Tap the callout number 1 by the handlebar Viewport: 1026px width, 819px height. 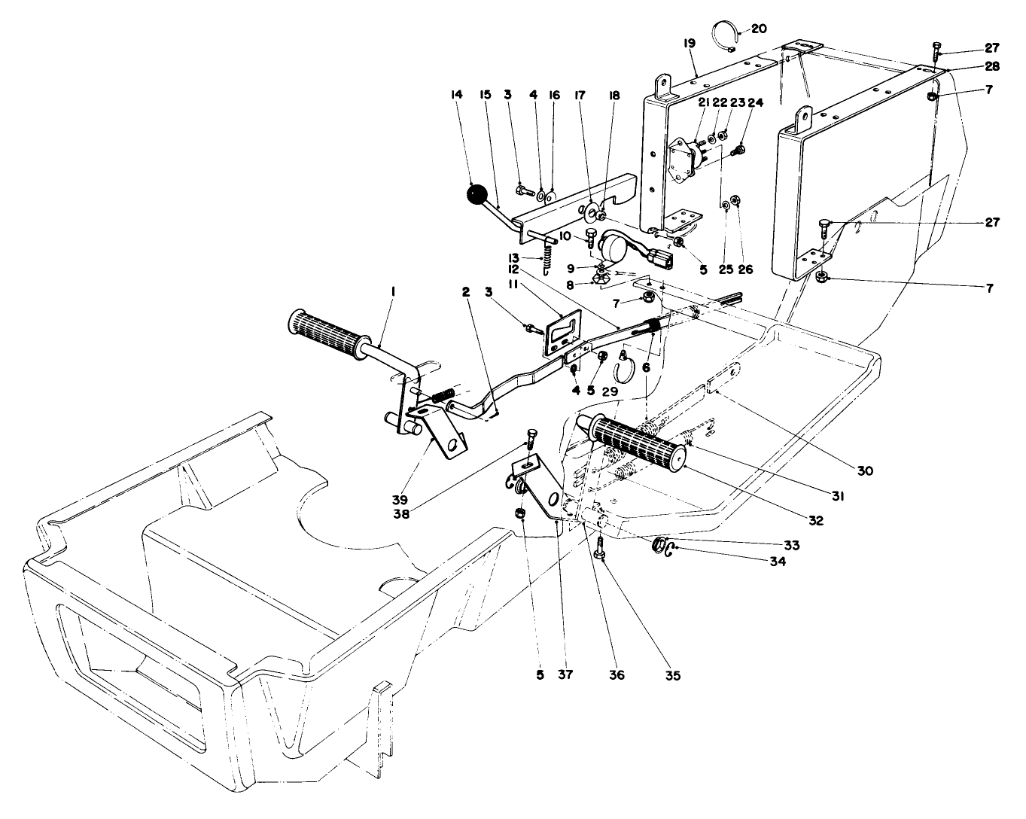[393, 291]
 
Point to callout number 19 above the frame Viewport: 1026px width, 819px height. [690, 44]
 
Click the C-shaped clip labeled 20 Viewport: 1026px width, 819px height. [724, 36]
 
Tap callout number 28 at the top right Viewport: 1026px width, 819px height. [991, 66]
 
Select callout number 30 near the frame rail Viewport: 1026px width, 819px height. [864, 470]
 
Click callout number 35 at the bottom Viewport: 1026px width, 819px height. [672, 675]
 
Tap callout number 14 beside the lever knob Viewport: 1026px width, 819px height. [455, 95]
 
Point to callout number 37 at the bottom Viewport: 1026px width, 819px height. [565, 674]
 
